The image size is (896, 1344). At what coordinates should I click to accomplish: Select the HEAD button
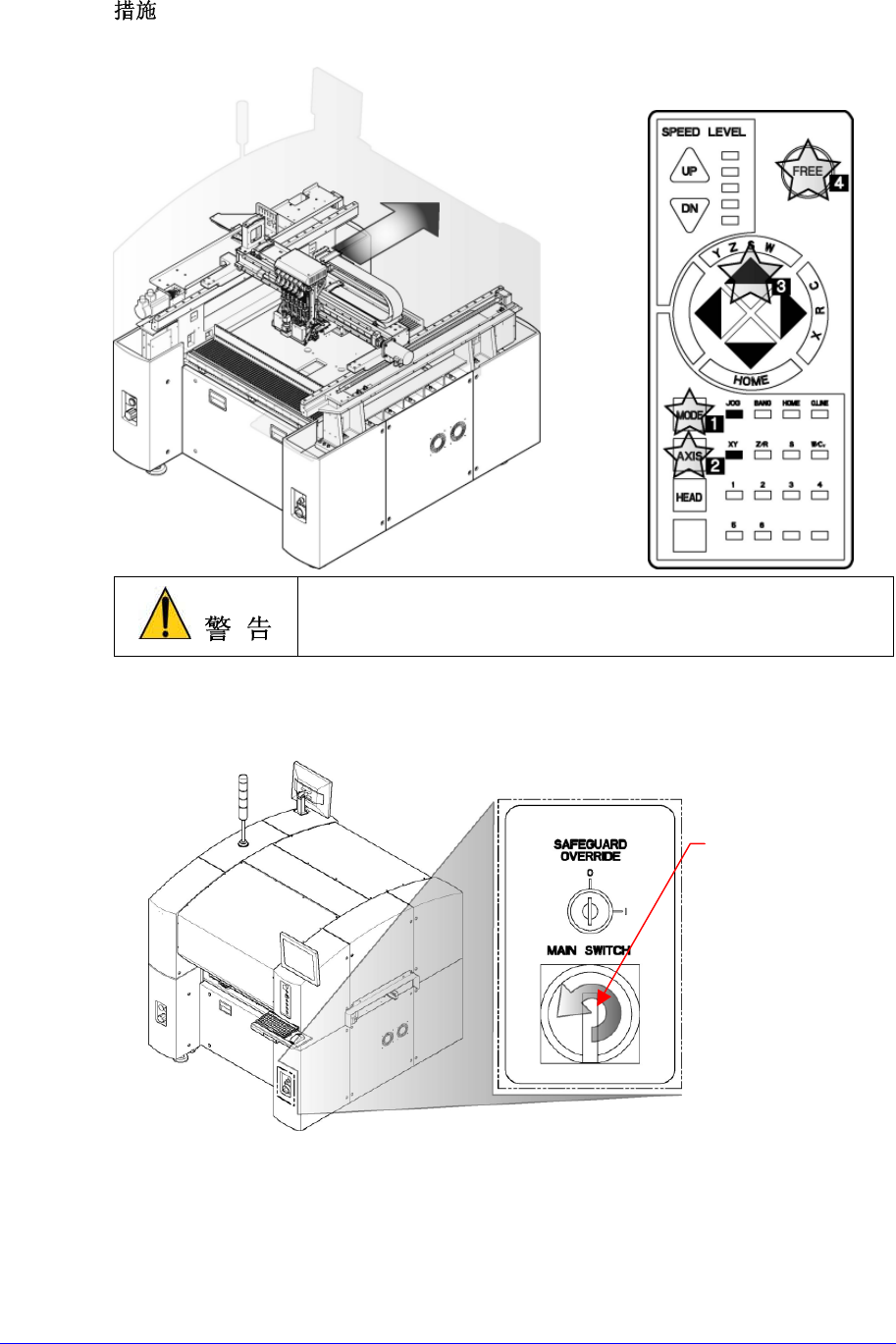tap(688, 498)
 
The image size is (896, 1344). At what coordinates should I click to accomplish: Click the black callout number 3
tap(779, 287)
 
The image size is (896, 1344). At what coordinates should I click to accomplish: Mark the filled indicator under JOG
tap(732, 415)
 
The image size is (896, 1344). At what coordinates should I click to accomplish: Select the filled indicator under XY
tap(732, 455)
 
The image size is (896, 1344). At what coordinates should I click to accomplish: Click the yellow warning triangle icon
tap(164, 616)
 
